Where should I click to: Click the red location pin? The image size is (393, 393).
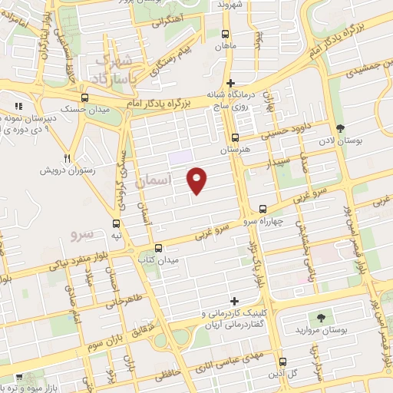click(x=198, y=181)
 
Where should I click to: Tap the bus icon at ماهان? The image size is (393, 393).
click(x=225, y=34)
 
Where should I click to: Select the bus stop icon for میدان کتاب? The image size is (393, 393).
click(x=158, y=248)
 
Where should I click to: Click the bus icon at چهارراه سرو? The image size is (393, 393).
click(x=263, y=209)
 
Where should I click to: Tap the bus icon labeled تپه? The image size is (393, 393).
click(x=116, y=224)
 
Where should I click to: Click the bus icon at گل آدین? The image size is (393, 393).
click(x=283, y=362)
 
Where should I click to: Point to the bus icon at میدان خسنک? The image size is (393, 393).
click(x=85, y=98)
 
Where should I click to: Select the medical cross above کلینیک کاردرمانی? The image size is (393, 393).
click(x=235, y=301)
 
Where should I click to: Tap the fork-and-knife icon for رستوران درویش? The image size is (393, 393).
click(x=68, y=158)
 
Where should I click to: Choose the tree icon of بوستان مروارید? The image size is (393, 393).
click(x=316, y=317)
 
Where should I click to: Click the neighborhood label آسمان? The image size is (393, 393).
click(x=149, y=183)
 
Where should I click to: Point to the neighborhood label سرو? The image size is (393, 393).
click(x=81, y=232)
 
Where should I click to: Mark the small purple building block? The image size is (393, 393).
click(x=179, y=158)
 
